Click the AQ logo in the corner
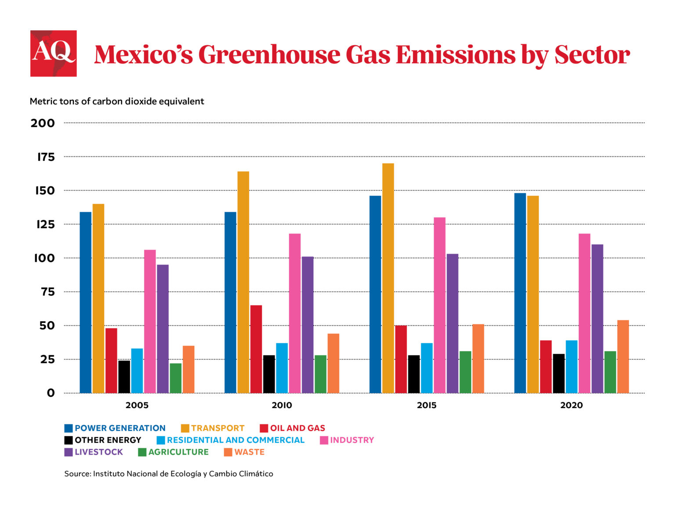click(x=53, y=53)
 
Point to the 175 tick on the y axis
click(x=46, y=157)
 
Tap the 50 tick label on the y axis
click(x=47, y=326)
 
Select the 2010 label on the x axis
click(x=282, y=405)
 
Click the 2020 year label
click(x=571, y=405)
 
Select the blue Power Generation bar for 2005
click(x=85, y=302)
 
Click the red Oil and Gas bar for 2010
click(x=256, y=349)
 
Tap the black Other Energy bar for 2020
click(x=559, y=373)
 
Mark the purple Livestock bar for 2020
click(x=597, y=319)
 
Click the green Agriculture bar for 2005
click(x=175, y=378)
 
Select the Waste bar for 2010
click(x=333, y=363)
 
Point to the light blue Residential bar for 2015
click(x=427, y=368)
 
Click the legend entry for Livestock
click(x=94, y=452)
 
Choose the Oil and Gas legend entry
click(x=293, y=428)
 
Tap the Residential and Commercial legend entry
click(x=231, y=440)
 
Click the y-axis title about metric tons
click(x=117, y=101)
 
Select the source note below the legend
click(x=169, y=474)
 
